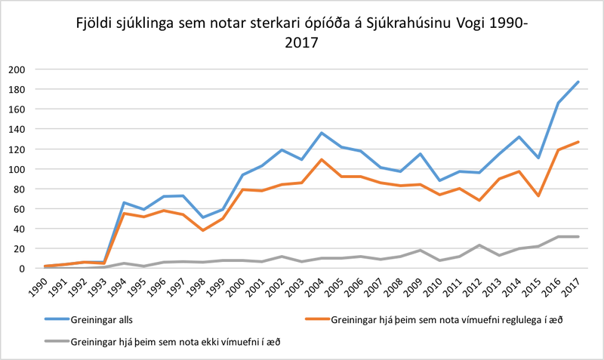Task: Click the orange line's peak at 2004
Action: pos(321,159)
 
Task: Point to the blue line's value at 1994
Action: pos(123,202)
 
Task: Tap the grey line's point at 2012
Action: pos(479,245)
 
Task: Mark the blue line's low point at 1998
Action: pos(202,217)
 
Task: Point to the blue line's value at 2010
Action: pos(440,180)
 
